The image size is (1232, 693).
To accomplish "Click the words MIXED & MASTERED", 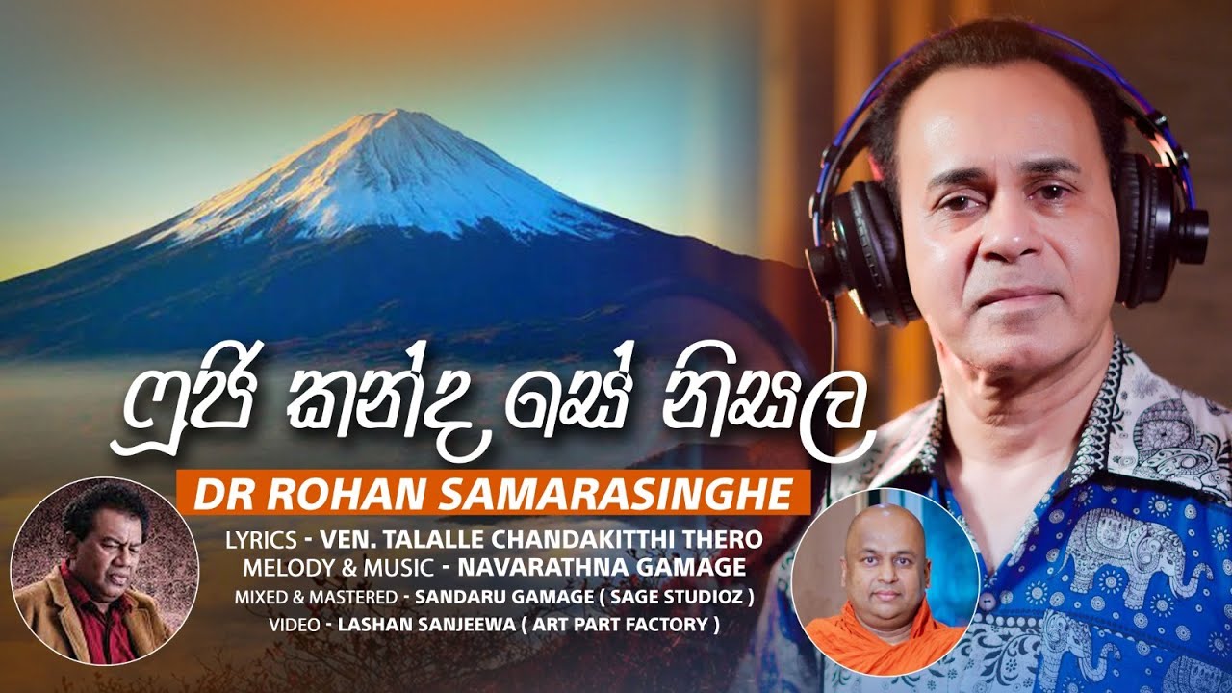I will pyautogui.click(x=317, y=598).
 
